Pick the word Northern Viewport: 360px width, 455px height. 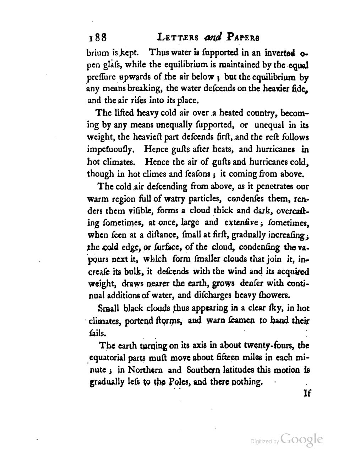pos(146,369)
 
